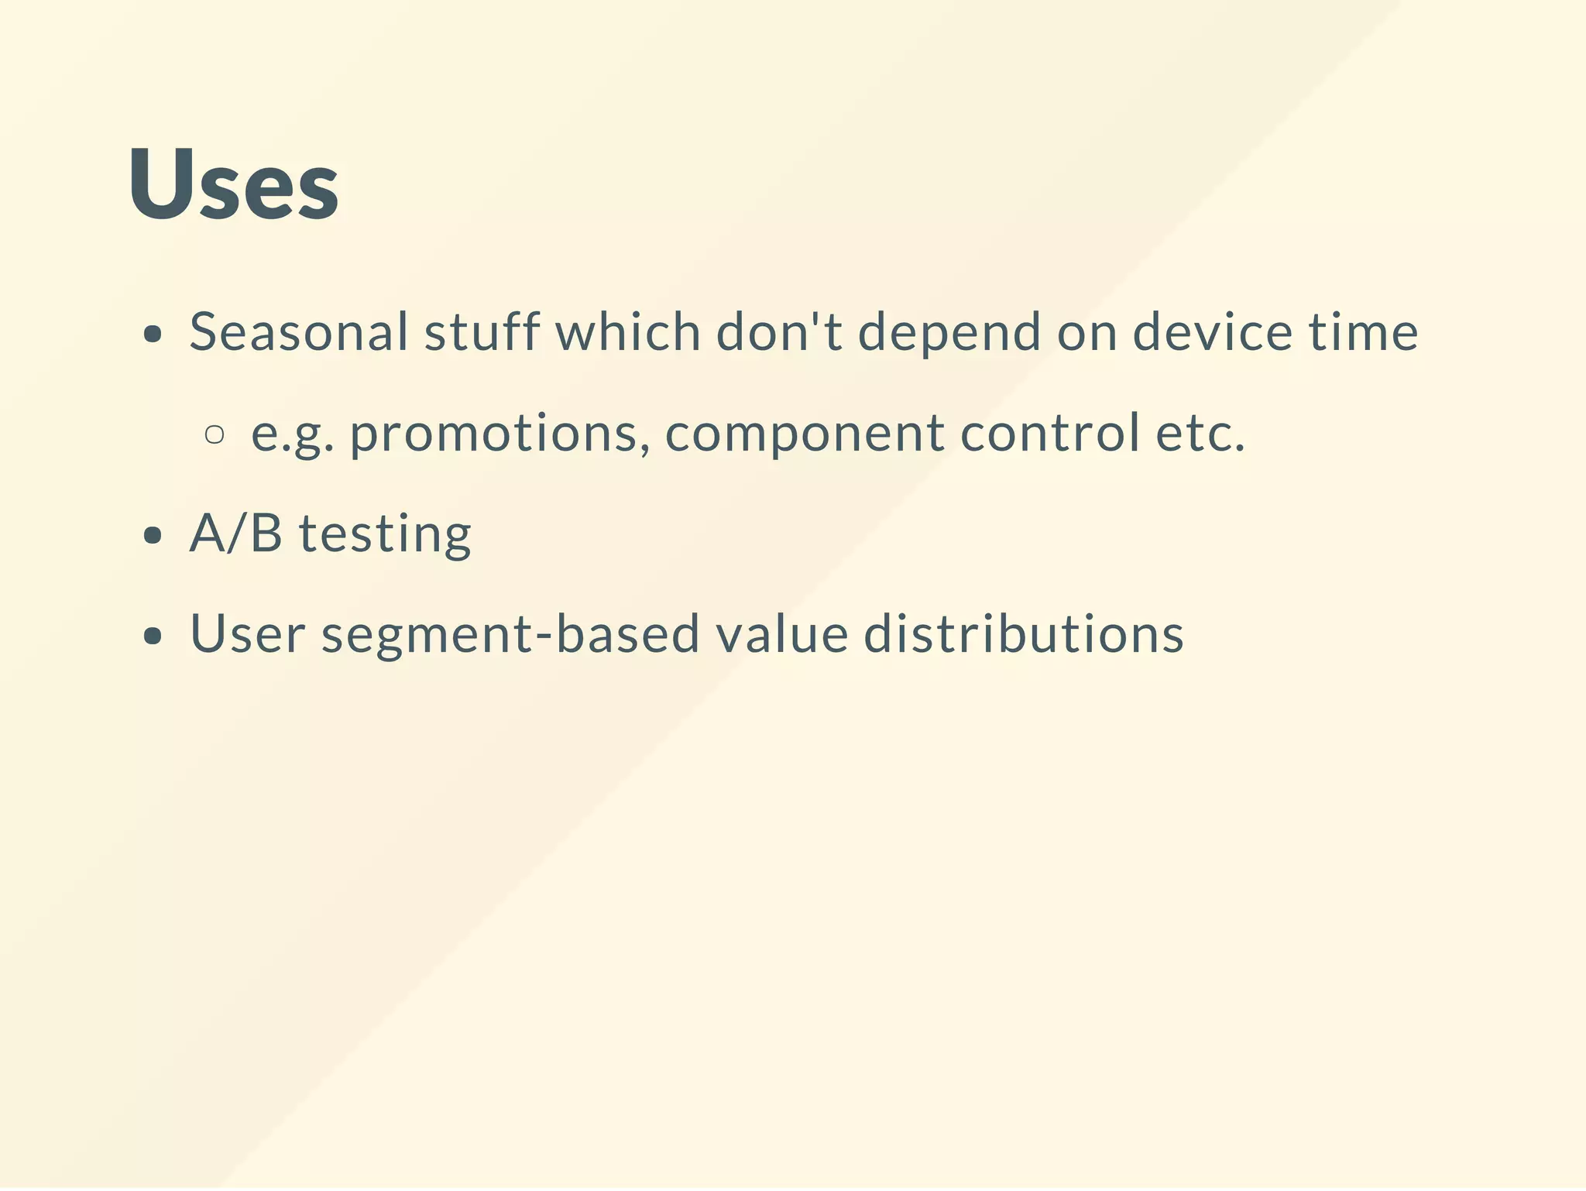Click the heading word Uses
point(233,184)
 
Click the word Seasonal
point(299,332)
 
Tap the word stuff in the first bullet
point(481,332)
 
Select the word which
point(628,332)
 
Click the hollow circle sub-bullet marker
point(215,434)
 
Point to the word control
point(1049,433)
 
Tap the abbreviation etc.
point(1200,434)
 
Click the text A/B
point(235,534)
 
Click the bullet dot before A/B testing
point(153,536)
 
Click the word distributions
point(1024,634)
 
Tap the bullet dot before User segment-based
point(153,637)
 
